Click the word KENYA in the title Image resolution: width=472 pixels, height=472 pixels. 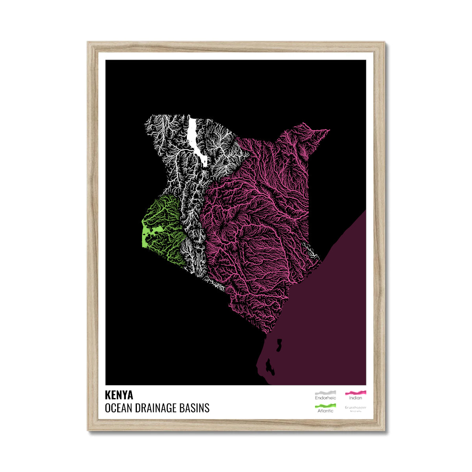(x=119, y=395)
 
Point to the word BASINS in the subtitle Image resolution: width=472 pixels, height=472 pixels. (x=196, y=408)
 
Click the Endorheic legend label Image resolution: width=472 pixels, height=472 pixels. (x=325, y=398)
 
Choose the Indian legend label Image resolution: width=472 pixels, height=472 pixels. (x=355, y=398)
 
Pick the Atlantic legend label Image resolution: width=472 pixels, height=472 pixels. (x=325, y=411)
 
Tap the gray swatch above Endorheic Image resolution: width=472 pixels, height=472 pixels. (x=325, y=393)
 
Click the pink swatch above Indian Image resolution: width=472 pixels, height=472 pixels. (x=355, y=393)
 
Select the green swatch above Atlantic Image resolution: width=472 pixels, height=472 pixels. (x=325, y=405)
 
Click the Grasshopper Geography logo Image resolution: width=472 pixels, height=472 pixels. (x=355, y=408)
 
